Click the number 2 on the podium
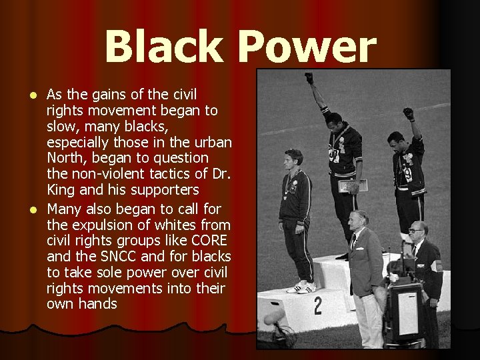click(x=317, y=306)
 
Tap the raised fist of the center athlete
click(x=309, y=78)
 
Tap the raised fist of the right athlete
click(x=408, y=114)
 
